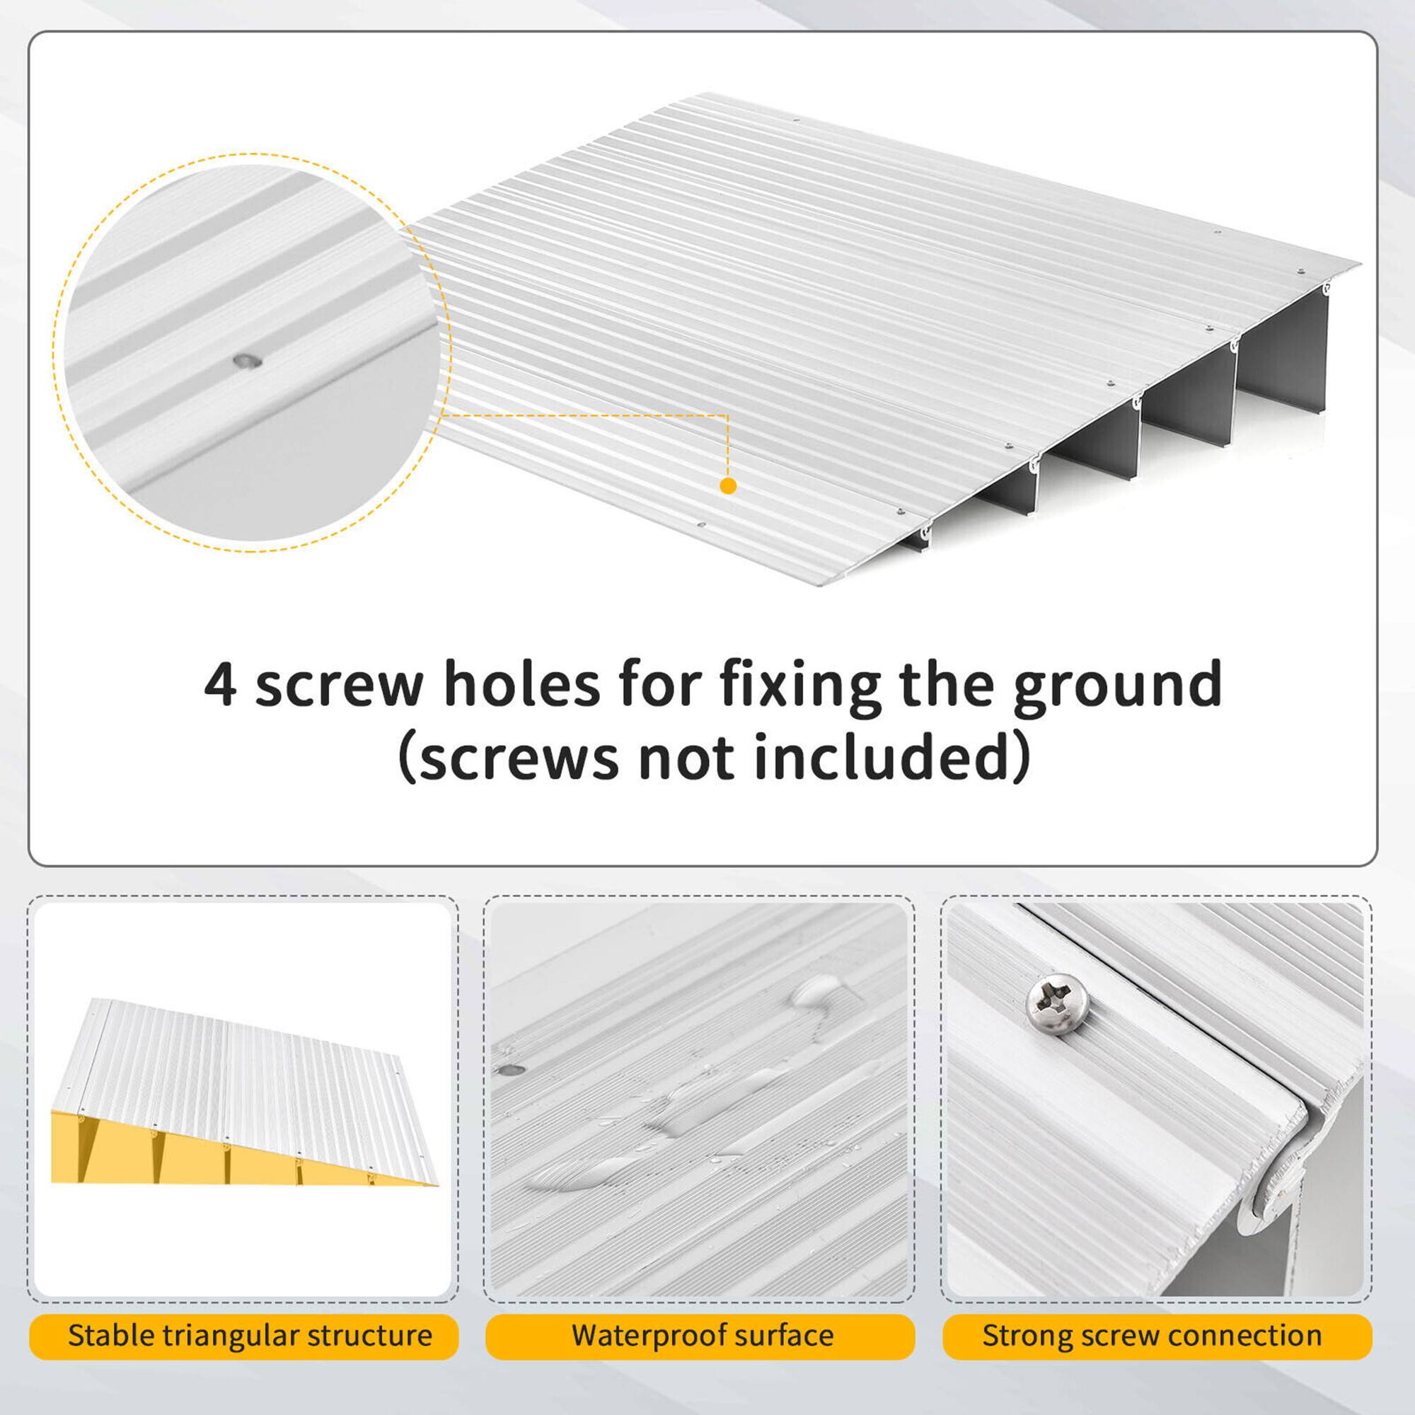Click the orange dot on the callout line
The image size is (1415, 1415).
[x=728, y=485]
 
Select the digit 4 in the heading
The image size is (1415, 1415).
[x=221, y=685]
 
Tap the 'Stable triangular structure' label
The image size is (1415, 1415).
[x=250, y=1335]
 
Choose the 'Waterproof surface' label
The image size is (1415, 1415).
[x=703, y=1335]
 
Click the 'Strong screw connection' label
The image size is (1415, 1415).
[x=1152, y=1335]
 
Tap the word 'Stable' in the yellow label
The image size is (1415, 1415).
[x=109, y=1335]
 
